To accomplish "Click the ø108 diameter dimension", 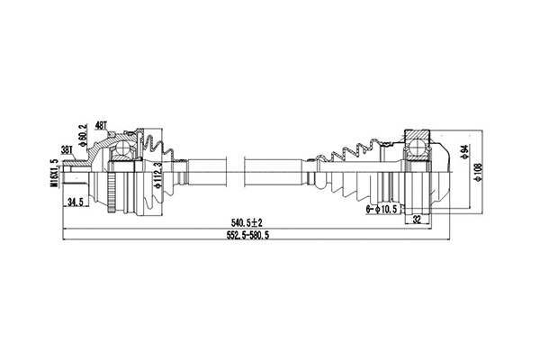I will click(478, 170).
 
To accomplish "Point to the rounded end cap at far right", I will click(443, 171).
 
